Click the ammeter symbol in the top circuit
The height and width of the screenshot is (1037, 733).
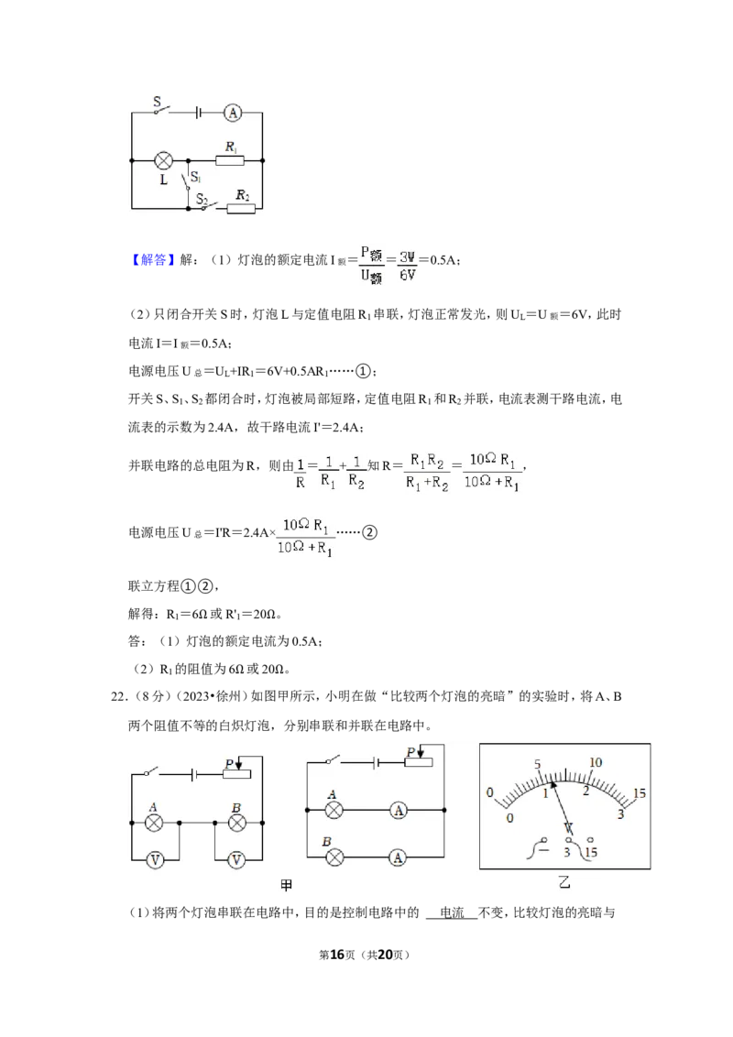tap(232, 113)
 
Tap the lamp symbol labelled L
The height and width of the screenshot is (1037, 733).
tap(163, 160)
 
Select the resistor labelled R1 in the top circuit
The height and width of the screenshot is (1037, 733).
tap(230, 160)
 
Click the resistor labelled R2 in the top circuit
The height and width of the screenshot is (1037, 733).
tap(241, 208)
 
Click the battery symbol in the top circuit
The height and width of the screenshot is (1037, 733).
tap(197, 113)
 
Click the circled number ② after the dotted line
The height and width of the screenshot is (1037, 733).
tap(370, 532)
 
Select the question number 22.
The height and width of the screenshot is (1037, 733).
tap(118, 696)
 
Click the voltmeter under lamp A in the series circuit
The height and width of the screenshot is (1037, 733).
tap(155, 860)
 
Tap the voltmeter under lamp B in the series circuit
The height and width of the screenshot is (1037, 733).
tap(236, 860)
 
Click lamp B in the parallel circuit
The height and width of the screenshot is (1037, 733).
tap(334, 857)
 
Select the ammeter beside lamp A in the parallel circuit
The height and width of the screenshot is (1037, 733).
tap(399, 810)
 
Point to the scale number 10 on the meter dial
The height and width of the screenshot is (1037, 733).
tap(596, 762)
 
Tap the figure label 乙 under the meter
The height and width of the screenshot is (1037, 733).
tap(564, 882)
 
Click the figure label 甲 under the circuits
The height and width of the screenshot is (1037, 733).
tap(287, 886)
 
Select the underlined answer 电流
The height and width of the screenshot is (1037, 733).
tap(452, 912)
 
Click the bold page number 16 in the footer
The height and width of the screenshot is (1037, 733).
tap(337, 955)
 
